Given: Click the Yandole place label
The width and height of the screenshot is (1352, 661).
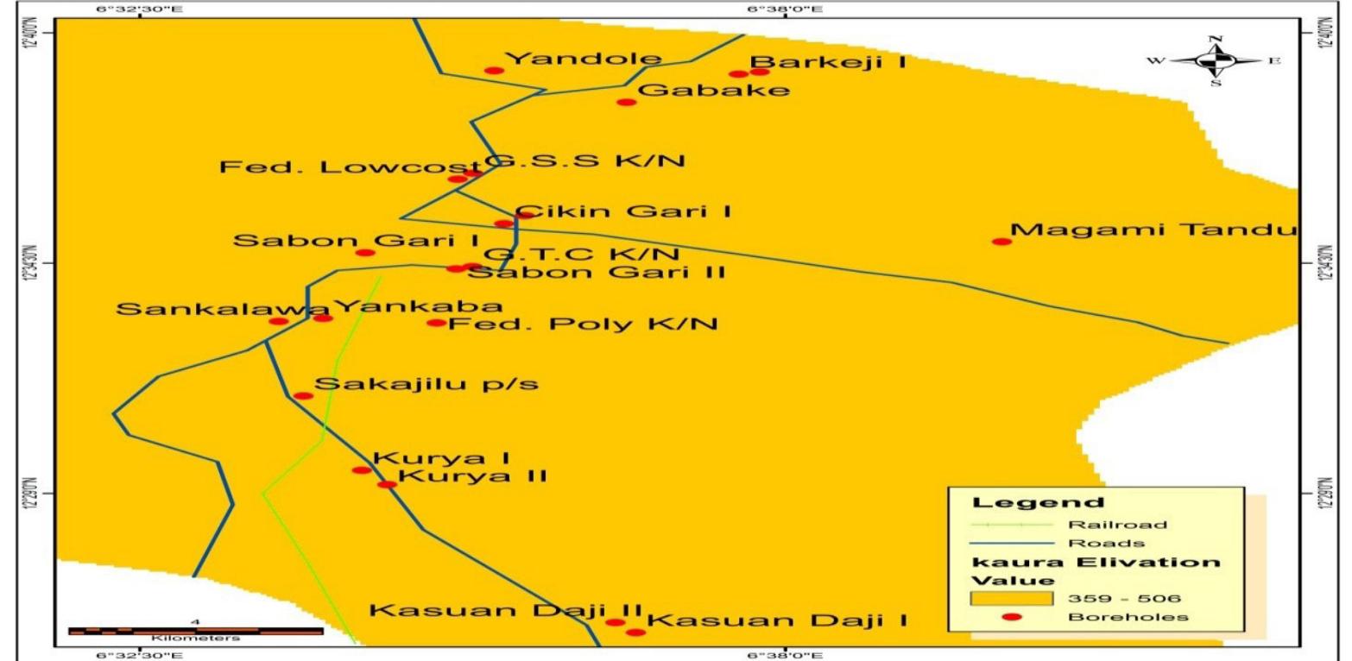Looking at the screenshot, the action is [x=583, y=60].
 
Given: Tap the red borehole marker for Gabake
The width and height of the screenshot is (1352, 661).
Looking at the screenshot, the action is [x=626, y=102].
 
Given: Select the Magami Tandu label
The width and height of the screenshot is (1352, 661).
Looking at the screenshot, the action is [x=1154, y=230].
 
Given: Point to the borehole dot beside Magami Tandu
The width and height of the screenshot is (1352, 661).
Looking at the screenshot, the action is [x=1001, y=242].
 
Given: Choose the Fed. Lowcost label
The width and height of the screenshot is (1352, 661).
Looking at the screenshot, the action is [x=349, y=167].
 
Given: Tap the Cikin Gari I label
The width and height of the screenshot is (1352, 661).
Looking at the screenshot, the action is [x=623, y=211].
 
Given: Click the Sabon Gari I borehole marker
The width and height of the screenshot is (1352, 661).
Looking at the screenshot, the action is [x=365, y=253].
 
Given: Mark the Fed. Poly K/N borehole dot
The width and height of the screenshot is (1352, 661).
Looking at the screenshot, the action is [x=437, y=323].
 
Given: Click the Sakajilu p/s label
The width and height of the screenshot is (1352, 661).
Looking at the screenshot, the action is [x=426, y=384].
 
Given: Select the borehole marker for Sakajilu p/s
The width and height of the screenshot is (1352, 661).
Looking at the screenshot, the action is [x=303, y=396].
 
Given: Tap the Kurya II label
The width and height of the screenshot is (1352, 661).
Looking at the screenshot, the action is [x=473, y=475].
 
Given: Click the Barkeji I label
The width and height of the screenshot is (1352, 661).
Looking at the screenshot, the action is [x=827, y=62].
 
